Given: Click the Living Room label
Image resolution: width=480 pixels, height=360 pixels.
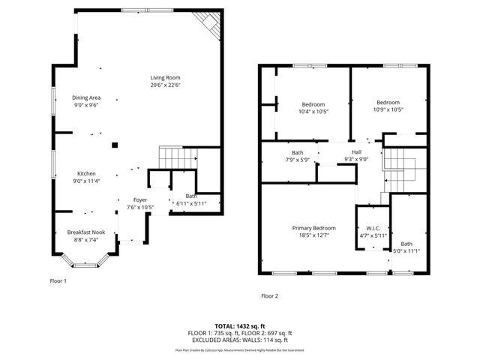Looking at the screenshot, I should coord(165,77).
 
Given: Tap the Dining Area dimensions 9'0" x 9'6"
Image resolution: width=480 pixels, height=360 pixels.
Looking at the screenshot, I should coord(86,106).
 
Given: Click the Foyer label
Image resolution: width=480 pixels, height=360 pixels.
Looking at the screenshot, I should coord(140,199).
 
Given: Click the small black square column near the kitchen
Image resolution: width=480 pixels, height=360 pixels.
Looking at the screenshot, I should coord(115,144).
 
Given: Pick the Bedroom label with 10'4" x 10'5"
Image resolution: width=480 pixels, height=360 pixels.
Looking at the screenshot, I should coord(313,103).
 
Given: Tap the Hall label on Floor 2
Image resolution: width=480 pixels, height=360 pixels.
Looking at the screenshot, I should coord(356,151).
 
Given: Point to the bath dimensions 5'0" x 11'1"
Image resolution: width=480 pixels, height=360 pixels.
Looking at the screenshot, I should coord(406,251).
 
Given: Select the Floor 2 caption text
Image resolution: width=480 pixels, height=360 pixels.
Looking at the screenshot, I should coord(269,295).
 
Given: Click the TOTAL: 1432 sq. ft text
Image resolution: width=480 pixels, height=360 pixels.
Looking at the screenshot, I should coord(239,325).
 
